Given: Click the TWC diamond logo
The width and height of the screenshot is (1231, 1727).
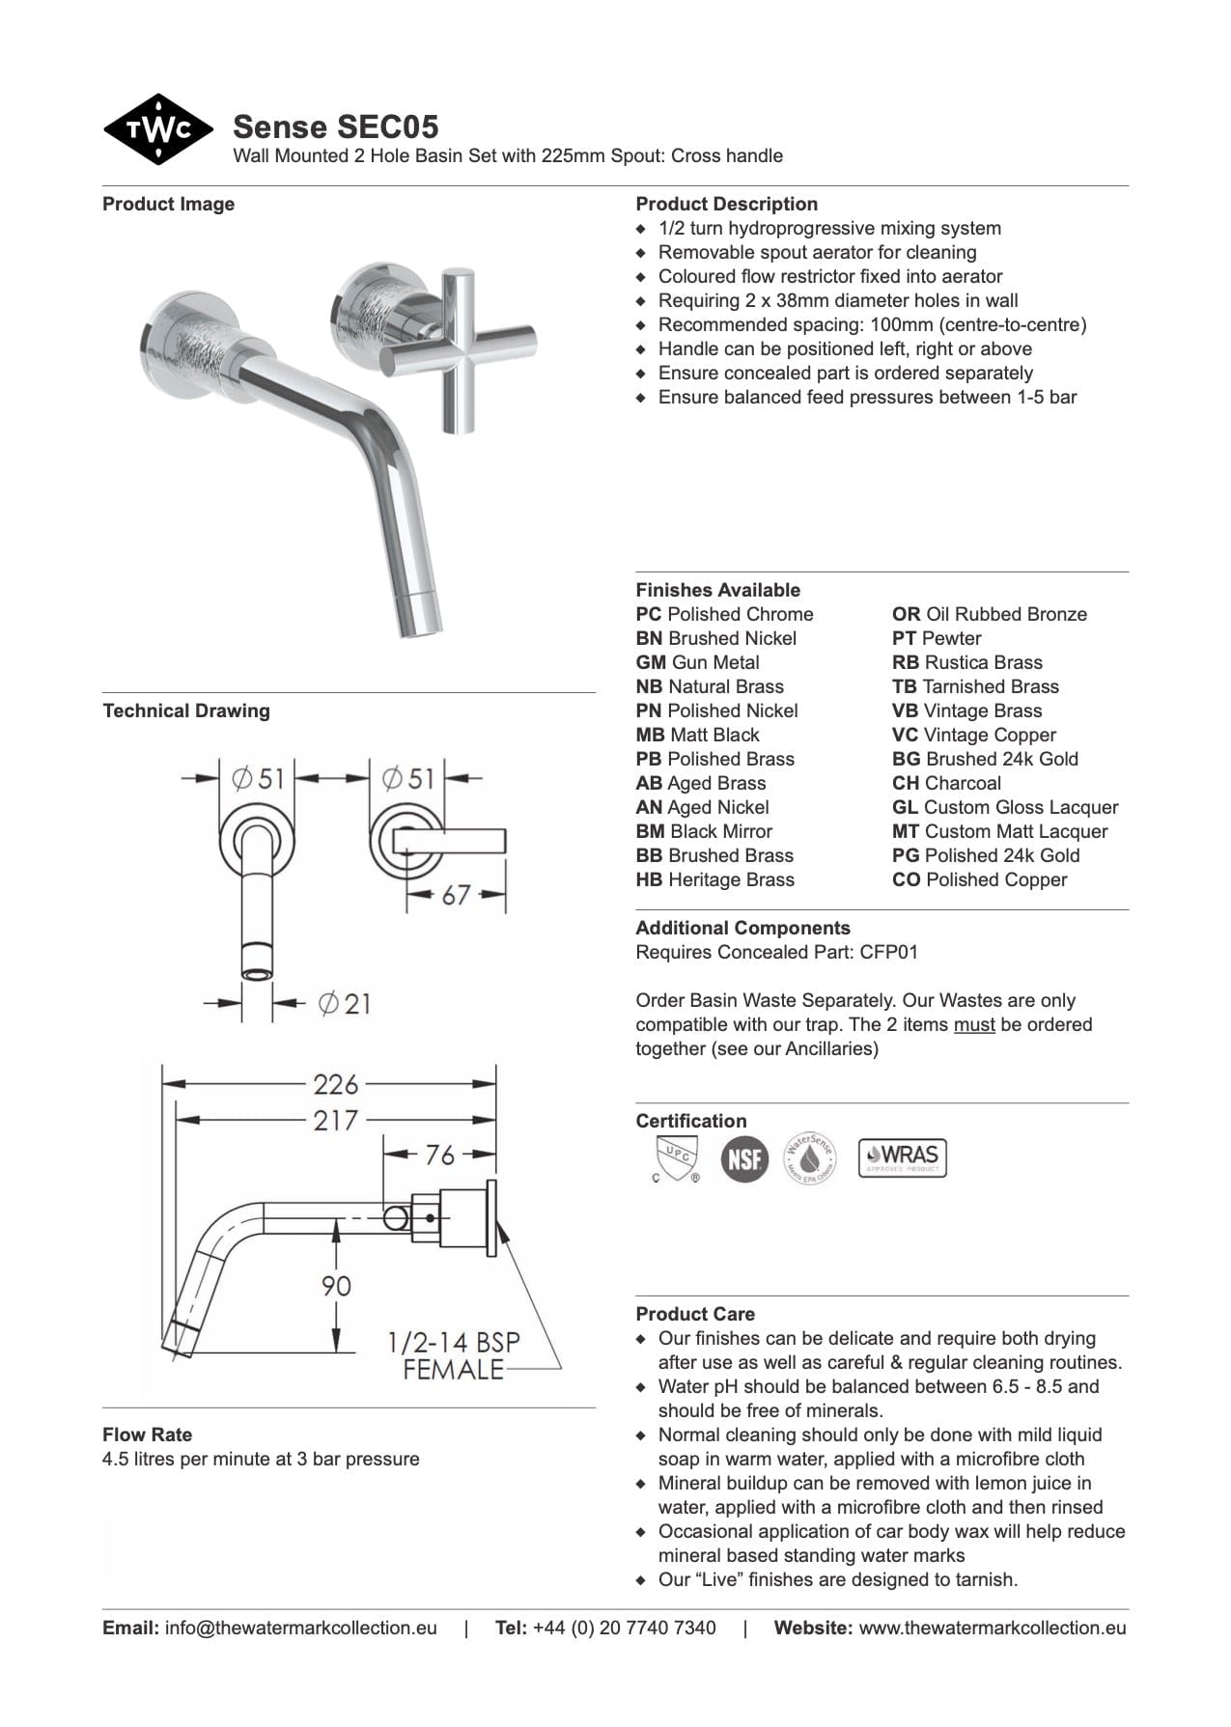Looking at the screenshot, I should (x=157, y=129).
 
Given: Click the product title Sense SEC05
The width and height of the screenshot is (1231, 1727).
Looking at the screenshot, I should (x=335, y=126).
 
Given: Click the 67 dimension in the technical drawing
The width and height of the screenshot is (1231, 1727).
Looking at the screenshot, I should (x=455, y=895).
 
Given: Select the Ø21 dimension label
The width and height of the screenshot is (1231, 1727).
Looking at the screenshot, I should (x=344, y=1004).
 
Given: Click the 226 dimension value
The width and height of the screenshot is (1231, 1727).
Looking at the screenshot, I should (x=335, y=1085).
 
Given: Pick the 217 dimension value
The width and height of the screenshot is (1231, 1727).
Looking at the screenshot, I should (x=335, y=1121).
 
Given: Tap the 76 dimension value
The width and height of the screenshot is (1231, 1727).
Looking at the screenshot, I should (x=439, y=1155).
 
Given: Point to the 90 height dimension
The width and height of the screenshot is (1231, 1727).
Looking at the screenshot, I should (x=336, y=1286).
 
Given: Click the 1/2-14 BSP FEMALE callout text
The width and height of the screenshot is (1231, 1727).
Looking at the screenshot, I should (x=454, y=1355).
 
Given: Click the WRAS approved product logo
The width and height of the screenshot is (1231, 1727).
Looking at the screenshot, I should (x=902, y=1157).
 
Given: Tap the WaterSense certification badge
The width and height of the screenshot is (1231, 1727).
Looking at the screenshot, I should (x=809, y=1157).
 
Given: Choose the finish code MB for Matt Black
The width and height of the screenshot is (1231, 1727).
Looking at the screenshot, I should (x=650, y=735).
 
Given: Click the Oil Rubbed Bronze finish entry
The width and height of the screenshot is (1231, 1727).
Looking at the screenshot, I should (x=989, y=614).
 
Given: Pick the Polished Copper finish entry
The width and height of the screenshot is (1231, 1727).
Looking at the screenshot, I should (x=979, y=879).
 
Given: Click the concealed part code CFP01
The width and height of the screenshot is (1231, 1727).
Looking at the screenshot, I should (x=888, y=952).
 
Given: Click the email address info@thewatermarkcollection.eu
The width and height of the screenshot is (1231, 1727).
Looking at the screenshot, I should (x=300, y=1628).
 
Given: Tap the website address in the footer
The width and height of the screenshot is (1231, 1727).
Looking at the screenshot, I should (x=992, y=1628).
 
